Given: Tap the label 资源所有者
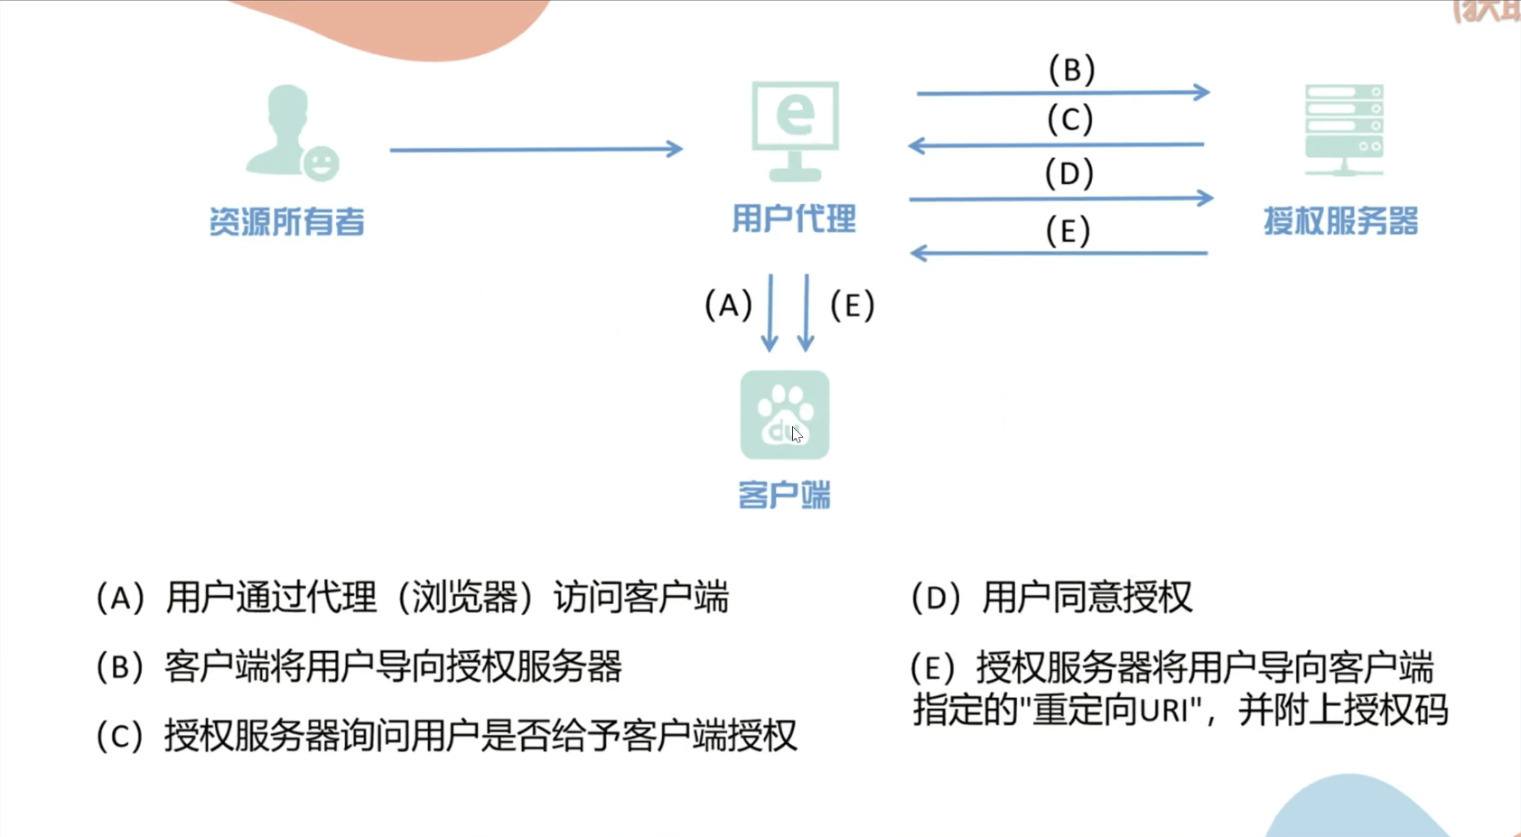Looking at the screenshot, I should pyautogui.click(x=287, y=221).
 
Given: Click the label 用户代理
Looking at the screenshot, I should pyautogui.click(x=794, y=219).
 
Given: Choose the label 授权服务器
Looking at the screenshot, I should pyautogui.click(x=1340, y=221).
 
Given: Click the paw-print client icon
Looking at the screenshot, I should pyautogui.click(x=784, y=414).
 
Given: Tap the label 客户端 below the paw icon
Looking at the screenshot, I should pyautogui.click(x=784, y=495).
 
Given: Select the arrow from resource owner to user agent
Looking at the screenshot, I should pyautogui.click(x=536, y=149).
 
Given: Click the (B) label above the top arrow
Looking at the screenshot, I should pyautogui.click(x=1071, y=70).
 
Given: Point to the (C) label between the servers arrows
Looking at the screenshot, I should pyautogui.click(x=1070, y=119).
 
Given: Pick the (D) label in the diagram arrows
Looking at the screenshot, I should pyautogui.click(x=1069, y=172).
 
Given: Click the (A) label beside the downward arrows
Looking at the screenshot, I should pyautogui.click(x=728, y=305).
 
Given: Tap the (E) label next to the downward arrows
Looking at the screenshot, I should pyautogui.click(x=852, y=305).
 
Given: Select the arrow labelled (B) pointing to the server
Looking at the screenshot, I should pyautogui.click(x=1062, y=92).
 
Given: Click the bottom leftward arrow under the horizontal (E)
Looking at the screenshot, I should pyautogui.click(x=1059, y=254).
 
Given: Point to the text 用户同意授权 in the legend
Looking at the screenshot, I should pyautogui.click(x=1087, y=598).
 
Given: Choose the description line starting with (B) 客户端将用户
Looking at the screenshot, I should pyautogui.click(x=359, y=667).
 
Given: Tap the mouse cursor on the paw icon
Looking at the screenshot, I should pyautogui.click(x=796, y=434).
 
